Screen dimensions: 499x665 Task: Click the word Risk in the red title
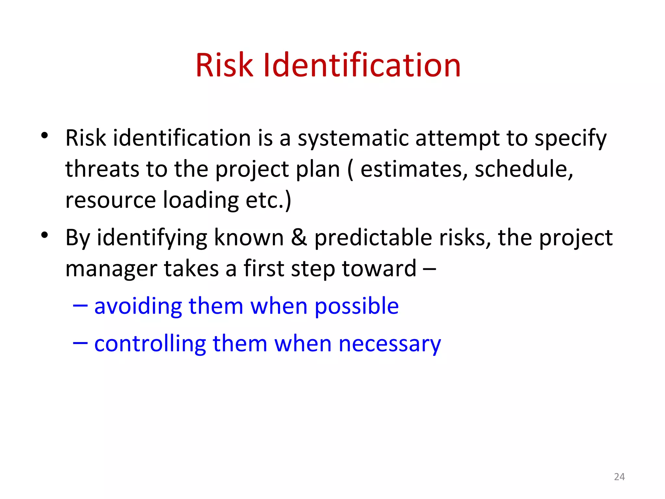(224, 66)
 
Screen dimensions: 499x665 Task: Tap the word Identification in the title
(362, 66)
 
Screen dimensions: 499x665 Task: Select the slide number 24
(619, 477)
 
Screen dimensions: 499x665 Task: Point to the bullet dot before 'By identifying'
(45, 235)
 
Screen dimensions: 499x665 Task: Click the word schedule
(523, 169)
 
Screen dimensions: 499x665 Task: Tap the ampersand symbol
(299, 237)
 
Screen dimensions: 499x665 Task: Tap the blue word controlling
(150, 344)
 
